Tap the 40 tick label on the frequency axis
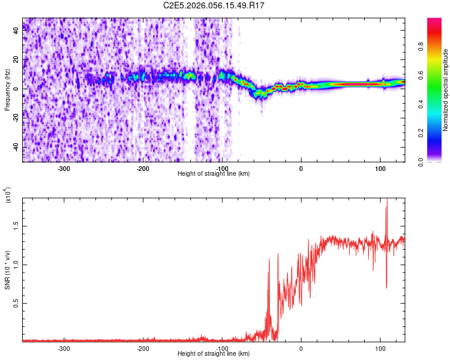coord(16,31)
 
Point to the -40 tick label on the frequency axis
coord(16,147)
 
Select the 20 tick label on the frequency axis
coord(16,60)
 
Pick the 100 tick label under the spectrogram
coord(380,169)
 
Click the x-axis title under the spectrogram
coord(214,174)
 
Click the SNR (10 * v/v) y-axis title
coord(8,263)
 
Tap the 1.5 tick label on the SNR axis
coord(16,226)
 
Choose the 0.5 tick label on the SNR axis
coord(16,304)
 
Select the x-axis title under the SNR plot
coord(214,354)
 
